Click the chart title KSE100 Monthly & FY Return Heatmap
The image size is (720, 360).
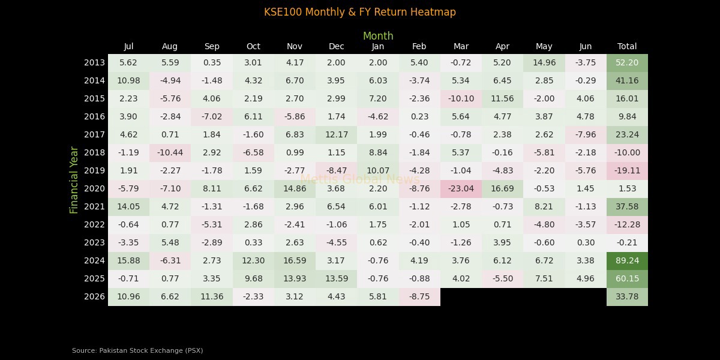[x=360, y=12]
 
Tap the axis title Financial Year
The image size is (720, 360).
[x=74, y=180]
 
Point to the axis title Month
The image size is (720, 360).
[x=378, y=36]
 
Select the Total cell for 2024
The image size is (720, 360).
[x=627, y=260]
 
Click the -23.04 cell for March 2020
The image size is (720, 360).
[x=461, y=188]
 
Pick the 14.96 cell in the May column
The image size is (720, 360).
[x=544, y=62]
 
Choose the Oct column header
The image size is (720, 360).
[x=253, y=46]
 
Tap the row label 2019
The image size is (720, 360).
[x=94, y=170]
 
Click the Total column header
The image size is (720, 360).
[x=627, y=46]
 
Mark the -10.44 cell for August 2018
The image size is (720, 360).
[x=170, y=152]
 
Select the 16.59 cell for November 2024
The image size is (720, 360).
[x=295, y=260]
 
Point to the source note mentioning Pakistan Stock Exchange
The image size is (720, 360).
[x=137, y=350]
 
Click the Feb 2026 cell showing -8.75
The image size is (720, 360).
[x=419, y=296]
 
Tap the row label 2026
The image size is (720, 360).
[x=94, y=296]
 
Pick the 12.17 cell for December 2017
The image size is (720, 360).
[x=336, y=134]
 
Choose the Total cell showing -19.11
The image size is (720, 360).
[x=627, y=170]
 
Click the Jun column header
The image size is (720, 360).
[x=585, y=46]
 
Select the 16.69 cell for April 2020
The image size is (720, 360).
[x=502, y=188]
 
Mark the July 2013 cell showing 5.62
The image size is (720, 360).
[x=128, y=62]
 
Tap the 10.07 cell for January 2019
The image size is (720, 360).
[x=378, y=170]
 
